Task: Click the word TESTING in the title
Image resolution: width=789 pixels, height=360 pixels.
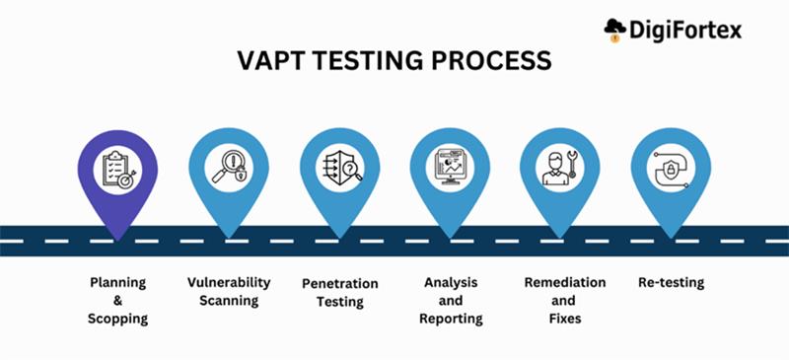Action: pyautogui.click(x=376, y=61)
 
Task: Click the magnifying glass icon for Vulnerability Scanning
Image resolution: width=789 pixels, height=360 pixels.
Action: pyautogui.click(x=229, y=166)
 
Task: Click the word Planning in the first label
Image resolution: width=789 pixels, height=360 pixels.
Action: pyautogui.click(x=117, y=283)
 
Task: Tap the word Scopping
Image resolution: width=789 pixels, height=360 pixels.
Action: pyautogui.click(x=117, y=319)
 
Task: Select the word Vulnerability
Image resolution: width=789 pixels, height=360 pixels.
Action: pyautogui.click(x=229, y=283)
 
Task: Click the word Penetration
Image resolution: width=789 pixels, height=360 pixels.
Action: pyautogui.click(x=339, y=283)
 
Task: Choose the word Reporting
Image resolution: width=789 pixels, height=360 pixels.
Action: pyautogui.click(x=451, y=319)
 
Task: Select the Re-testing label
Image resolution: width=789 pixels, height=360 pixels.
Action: pyautogui.click(x=671, y=283)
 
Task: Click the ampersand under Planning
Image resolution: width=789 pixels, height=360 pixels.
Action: pyautogui.click(x=117, y=301)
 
